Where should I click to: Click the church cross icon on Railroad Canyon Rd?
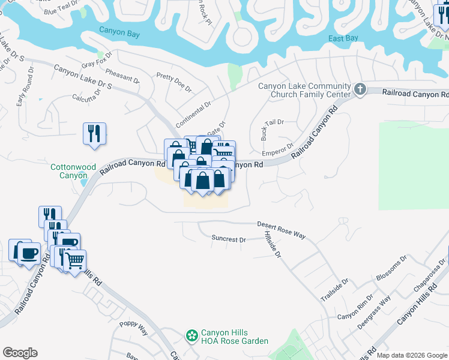[360, 89]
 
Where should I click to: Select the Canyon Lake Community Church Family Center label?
[304, 90]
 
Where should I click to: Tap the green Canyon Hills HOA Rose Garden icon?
[192, 335]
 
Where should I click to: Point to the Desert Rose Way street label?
[281, 230]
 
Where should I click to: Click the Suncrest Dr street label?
[229, 239]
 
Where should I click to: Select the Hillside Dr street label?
[272, 246]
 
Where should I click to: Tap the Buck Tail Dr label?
[272, 129]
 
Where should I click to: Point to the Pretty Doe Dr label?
[173, 82]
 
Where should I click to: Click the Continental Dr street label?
[193, 114]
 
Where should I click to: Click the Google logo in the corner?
[20, 353]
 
